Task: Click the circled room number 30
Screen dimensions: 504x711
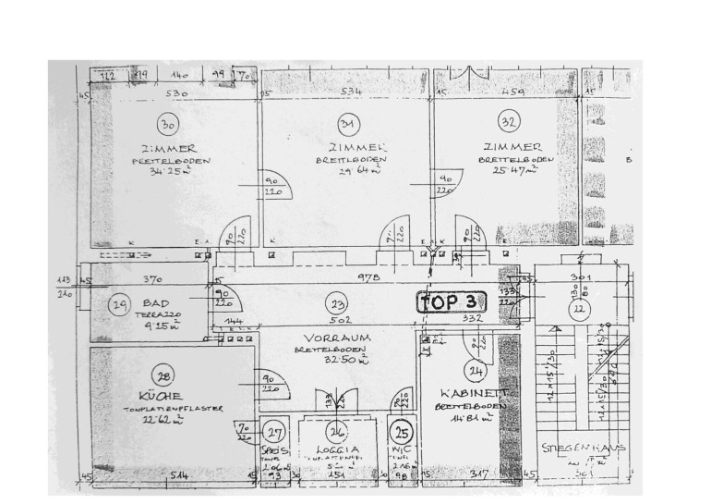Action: [x=167, y=125]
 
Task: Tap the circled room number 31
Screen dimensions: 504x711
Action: [x=348, y=125]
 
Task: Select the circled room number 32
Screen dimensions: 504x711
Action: [x=508, y=120]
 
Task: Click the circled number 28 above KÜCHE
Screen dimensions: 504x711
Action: [x=165, y=376]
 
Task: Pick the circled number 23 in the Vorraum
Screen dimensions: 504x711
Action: [x=340, y=304]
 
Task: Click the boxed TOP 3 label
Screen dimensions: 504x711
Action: [x=452, y=301]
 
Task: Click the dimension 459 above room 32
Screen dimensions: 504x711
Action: [x=513, y=92]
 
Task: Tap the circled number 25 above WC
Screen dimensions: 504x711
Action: [x=401, y=430]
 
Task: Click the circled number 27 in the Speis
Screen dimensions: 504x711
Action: [x=274, y=432]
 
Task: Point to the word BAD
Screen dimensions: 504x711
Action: [x=157, y=302]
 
